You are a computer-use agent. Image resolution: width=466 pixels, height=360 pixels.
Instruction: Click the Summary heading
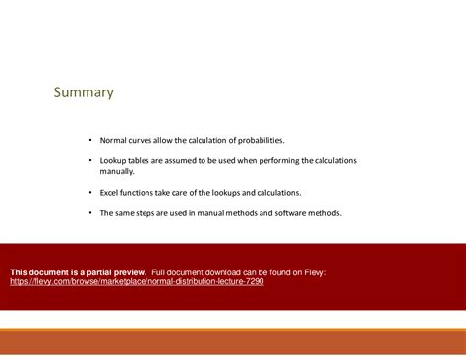pyautogui.click(x=84, y=93)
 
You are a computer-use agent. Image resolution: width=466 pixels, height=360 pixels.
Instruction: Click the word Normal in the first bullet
pyautogui.click(x=114, y=140)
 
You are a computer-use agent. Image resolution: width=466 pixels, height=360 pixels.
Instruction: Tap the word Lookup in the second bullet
pyautogui.click(x=114, y=160)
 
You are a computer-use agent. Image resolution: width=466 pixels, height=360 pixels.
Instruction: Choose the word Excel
pyautogui.click(x=110, y=192)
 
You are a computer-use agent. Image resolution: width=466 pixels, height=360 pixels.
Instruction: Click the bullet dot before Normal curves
pyautogui.click(x=90, y=140)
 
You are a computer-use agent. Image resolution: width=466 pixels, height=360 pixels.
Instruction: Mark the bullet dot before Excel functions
pyautogui.click(x=90, y=192)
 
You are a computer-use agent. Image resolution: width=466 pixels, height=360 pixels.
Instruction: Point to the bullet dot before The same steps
pyautogui.click(x=90, y=212)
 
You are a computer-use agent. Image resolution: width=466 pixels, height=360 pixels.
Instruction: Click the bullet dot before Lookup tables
pyautogui.click(x=90, y=160)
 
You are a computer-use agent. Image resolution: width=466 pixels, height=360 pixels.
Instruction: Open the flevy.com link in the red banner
pyautogui.click(x=137, y=281)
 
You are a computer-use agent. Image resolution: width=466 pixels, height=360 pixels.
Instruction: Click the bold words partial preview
pyautogui.click(x=116, y=271)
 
